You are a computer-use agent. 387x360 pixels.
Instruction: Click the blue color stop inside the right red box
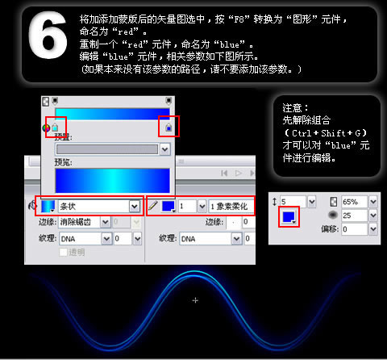click(169, 128)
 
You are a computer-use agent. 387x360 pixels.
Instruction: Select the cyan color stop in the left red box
click(55, 128)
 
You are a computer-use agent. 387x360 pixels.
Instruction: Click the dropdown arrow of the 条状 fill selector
click(133, 207)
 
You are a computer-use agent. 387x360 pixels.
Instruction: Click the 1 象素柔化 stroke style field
click(231, 207)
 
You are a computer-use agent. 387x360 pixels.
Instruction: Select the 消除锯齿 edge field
click(85, 222)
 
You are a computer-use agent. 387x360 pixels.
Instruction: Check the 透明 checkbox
click(64, 252)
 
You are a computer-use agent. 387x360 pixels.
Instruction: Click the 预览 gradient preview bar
click(111, 179)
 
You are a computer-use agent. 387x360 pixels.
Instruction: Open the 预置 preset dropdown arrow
click(164, 149)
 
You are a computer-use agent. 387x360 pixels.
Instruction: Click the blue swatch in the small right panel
click(288, 217)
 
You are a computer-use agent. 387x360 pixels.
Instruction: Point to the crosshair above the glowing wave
click(195, 300)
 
